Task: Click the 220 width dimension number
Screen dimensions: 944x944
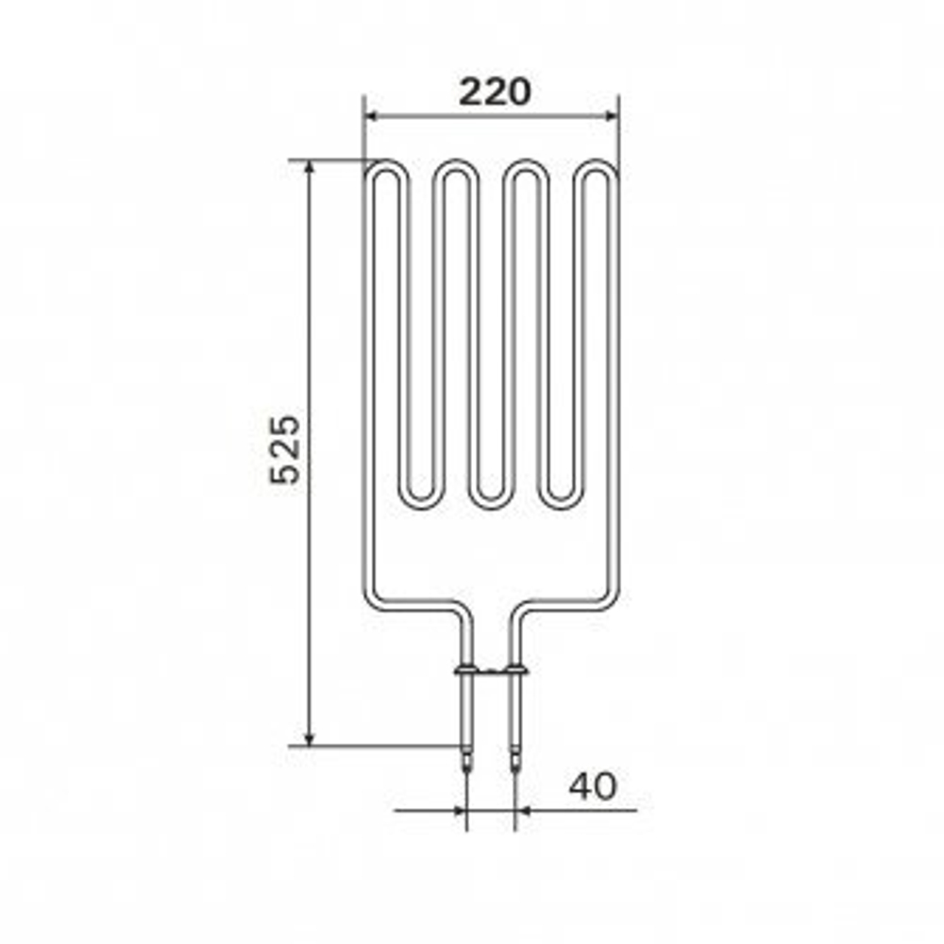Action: tap(495, 93)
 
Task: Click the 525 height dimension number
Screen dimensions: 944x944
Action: tap(285, 449)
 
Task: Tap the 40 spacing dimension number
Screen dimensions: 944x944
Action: tap(593, 785)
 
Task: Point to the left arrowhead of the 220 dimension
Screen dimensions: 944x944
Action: tap(372, 116)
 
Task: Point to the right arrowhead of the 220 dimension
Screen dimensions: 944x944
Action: tap(612, 116)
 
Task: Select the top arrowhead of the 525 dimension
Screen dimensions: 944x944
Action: tap(310, 168)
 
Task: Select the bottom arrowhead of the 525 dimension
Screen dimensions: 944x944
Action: tap(310, 739)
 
